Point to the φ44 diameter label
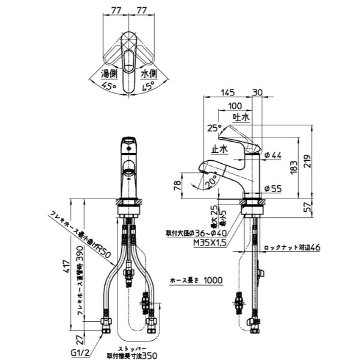[272, 156]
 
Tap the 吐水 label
[241, 118]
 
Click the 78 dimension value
[178, 185]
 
